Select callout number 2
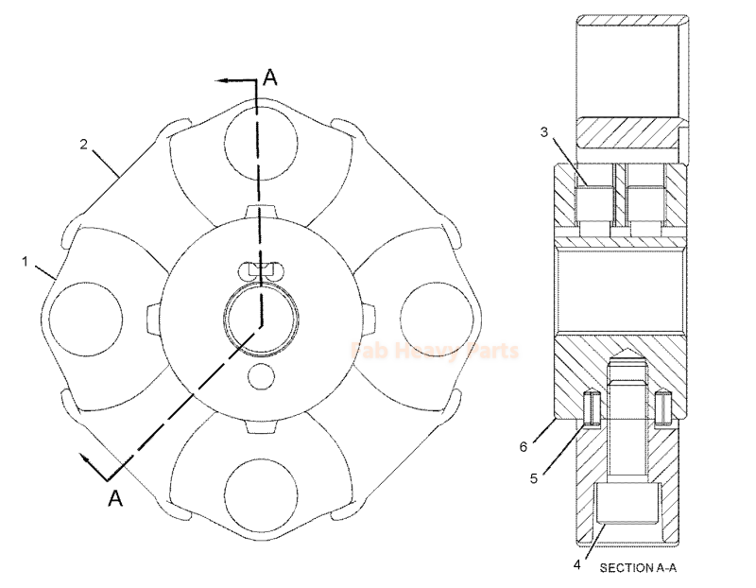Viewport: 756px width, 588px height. point(84,144)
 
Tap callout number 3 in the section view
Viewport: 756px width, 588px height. point(544,132)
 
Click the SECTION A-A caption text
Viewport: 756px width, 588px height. point(639,568)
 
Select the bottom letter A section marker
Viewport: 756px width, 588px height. point(116,498)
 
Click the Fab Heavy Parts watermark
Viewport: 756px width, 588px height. point(435,352)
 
